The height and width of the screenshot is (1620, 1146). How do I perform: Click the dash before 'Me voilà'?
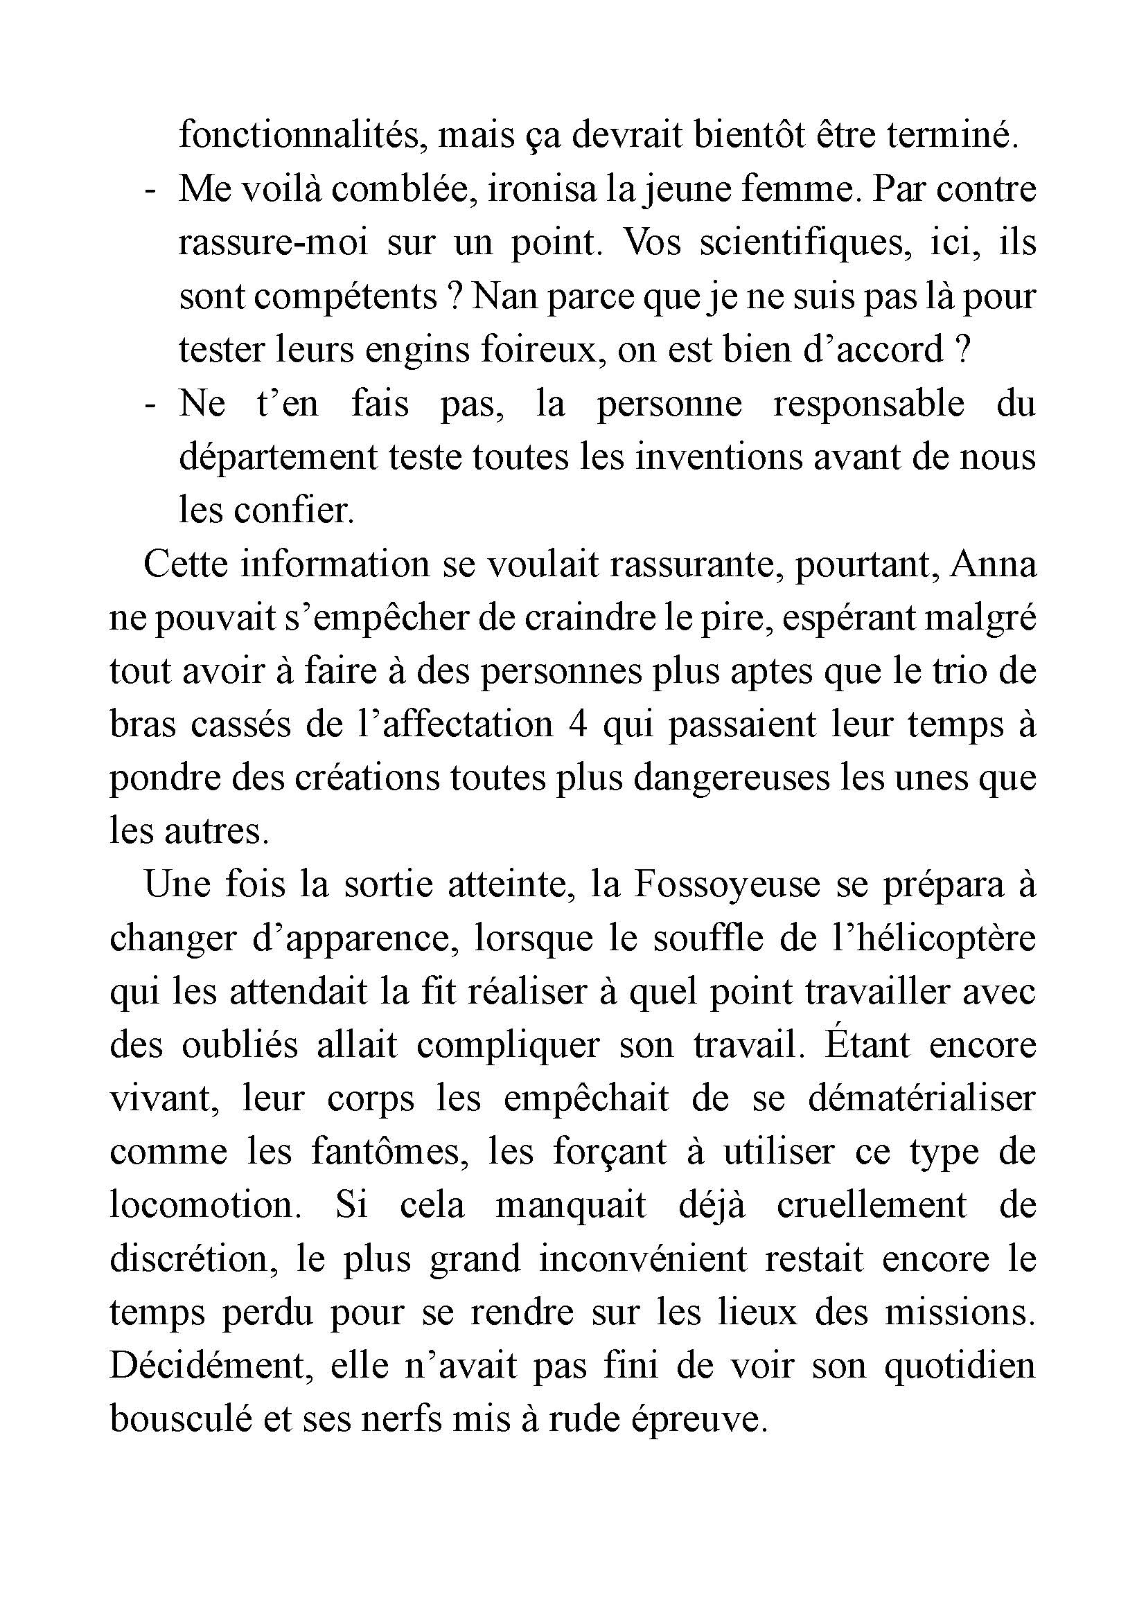[x=149, y=190]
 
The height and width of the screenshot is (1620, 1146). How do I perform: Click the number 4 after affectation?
[x=578, y=724]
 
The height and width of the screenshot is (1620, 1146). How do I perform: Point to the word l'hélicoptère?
[x=933, y=938]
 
